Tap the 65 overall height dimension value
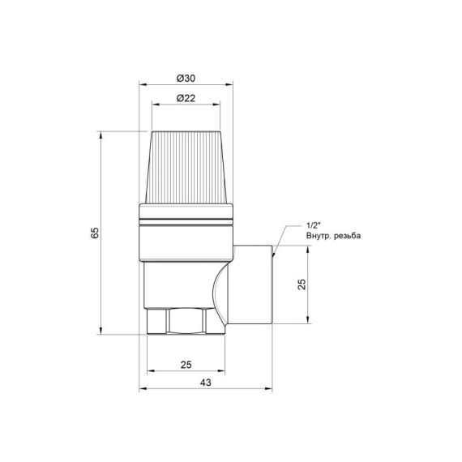pos(95,232)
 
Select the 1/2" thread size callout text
pos(314,225)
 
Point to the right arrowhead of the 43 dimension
pos(272,388)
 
